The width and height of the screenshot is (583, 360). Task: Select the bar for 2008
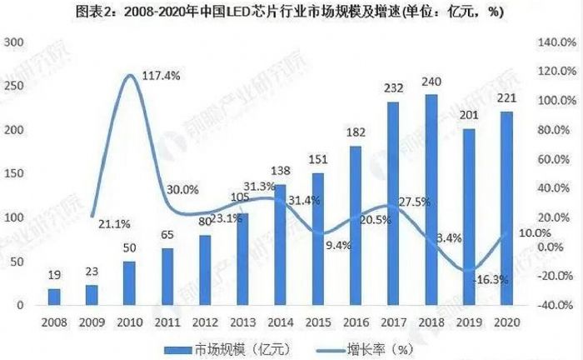[x=55, y=297]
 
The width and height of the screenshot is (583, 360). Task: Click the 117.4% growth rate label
[x=162, y=75]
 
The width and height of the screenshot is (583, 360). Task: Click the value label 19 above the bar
[x=55, y=275]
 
